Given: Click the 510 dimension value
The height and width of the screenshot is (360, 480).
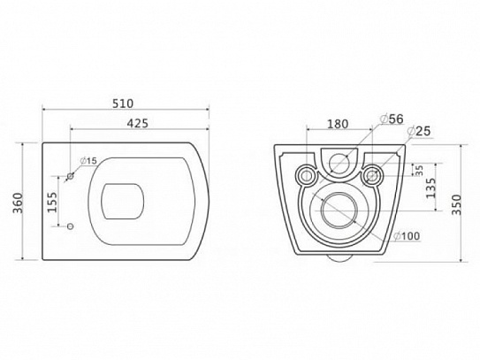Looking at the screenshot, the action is click(123, 103).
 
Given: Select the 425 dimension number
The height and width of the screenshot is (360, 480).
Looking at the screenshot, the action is click(137, 123).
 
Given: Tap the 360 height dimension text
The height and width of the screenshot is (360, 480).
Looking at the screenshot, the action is click(18, 203).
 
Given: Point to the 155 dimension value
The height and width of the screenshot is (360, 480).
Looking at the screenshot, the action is click(52, 202).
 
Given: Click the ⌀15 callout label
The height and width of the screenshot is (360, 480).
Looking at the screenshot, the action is click(88, 160).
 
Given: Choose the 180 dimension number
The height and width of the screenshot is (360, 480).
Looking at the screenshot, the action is click(338, 124).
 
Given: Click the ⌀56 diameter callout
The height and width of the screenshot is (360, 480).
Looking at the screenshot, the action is click(392, 119).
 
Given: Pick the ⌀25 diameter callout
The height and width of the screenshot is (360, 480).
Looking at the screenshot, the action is click(419, 131).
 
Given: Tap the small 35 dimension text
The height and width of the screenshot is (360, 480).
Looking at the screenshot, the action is click(419, 170).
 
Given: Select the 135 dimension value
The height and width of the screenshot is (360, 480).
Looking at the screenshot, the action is click(430, 188).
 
